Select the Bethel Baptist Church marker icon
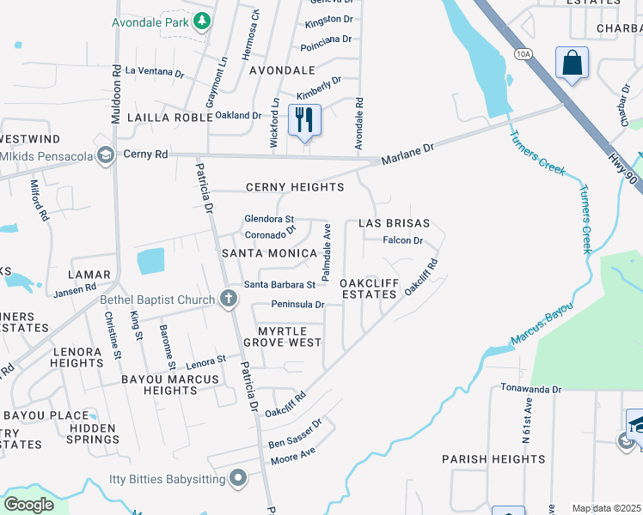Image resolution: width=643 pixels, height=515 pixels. tap(228, 299)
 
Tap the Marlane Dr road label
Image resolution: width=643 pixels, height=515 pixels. tap(407, 154)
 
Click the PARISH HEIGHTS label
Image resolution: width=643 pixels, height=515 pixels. tap(494, 459)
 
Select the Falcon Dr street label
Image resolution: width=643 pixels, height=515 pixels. tap(403, 241)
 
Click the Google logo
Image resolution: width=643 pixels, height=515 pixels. tap(28, 505)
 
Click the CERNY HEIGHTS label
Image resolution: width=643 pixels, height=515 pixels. tap(294, 187)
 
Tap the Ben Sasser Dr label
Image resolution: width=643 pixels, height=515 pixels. tap(295, 434)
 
